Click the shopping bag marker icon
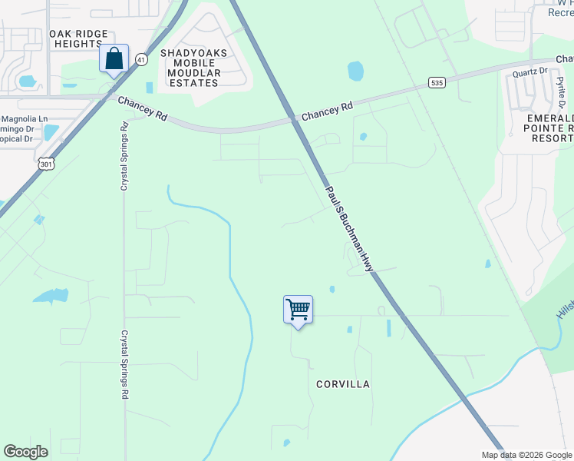(x=114, y=59)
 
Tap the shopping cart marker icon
(x=298, y=310)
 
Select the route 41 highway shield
(x=140, y=59)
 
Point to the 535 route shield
(x=437, y=82)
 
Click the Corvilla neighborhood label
(x=343, y=383)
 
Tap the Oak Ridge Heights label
(x=77, y=39)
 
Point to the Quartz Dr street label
(x=529, y=71)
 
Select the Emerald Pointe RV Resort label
(x=546, y=127)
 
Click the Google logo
(x=26, y=452)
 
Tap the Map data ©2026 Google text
(x=526, y=454)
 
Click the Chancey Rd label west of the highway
(x=142, y=108)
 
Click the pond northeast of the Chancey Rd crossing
(x=355, y=71)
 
